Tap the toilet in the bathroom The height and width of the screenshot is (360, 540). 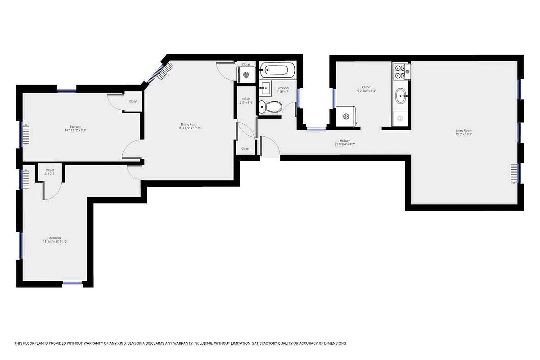click(x=273, y=107)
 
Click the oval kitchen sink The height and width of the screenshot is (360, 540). click(x=400, y=95)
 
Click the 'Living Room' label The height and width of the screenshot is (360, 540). click(x=463, y=130)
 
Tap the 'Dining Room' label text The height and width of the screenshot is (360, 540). click(x=189, y=124)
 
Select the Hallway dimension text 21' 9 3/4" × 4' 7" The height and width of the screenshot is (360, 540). click(x=345, y=144)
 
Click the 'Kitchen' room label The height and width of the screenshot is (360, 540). click(x=366, y=87)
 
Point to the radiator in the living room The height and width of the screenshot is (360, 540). click(x=514, y=174)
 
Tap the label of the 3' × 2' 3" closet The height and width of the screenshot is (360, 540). click(x=50, y=170)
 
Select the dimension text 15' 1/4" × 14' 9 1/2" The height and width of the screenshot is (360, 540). click(x=55, y=242)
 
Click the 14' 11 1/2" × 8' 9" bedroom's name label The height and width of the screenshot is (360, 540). click(x=75, y=126)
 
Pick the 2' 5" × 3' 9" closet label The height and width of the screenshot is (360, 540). click(x=246, y=99)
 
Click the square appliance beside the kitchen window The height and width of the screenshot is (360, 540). click(x=346, y=117)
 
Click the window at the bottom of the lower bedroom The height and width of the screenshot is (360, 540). click(x=72, y=283)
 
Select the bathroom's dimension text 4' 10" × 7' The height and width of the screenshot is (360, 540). click(x=282, y=92)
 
